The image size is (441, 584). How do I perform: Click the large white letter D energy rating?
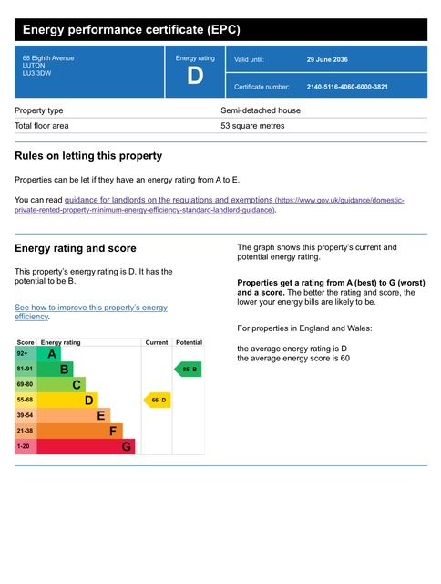tap(195, 76)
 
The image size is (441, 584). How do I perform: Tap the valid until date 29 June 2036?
tap(327, 59)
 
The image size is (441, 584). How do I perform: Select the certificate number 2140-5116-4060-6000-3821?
tap(347, 87)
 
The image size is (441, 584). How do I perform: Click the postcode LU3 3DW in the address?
tap(36, 73)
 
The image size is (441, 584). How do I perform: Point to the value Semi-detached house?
tap(261, 110)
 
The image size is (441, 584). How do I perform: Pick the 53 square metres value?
tap(252, 126)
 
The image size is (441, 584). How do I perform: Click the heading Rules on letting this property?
tap(88, 156)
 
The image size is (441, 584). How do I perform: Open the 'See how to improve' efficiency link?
tap(91, 312)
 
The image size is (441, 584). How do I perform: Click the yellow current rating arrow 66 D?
tap(158, 400)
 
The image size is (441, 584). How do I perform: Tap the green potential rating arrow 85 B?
tap(188, 369)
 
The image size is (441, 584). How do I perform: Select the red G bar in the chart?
tap(86, 446)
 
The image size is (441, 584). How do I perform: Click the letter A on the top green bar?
tap(52, 354)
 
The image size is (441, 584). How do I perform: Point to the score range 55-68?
tap(25, 400)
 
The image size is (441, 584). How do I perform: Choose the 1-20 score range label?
tap(23, 446)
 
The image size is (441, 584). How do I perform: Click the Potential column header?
tap(189, 342)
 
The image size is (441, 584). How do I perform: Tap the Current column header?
tap(157, 342)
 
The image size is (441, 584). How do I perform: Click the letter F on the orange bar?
tap(113, 431)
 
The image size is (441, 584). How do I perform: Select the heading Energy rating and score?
tap(76, 248)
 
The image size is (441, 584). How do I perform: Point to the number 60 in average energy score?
tap(345, 359)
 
